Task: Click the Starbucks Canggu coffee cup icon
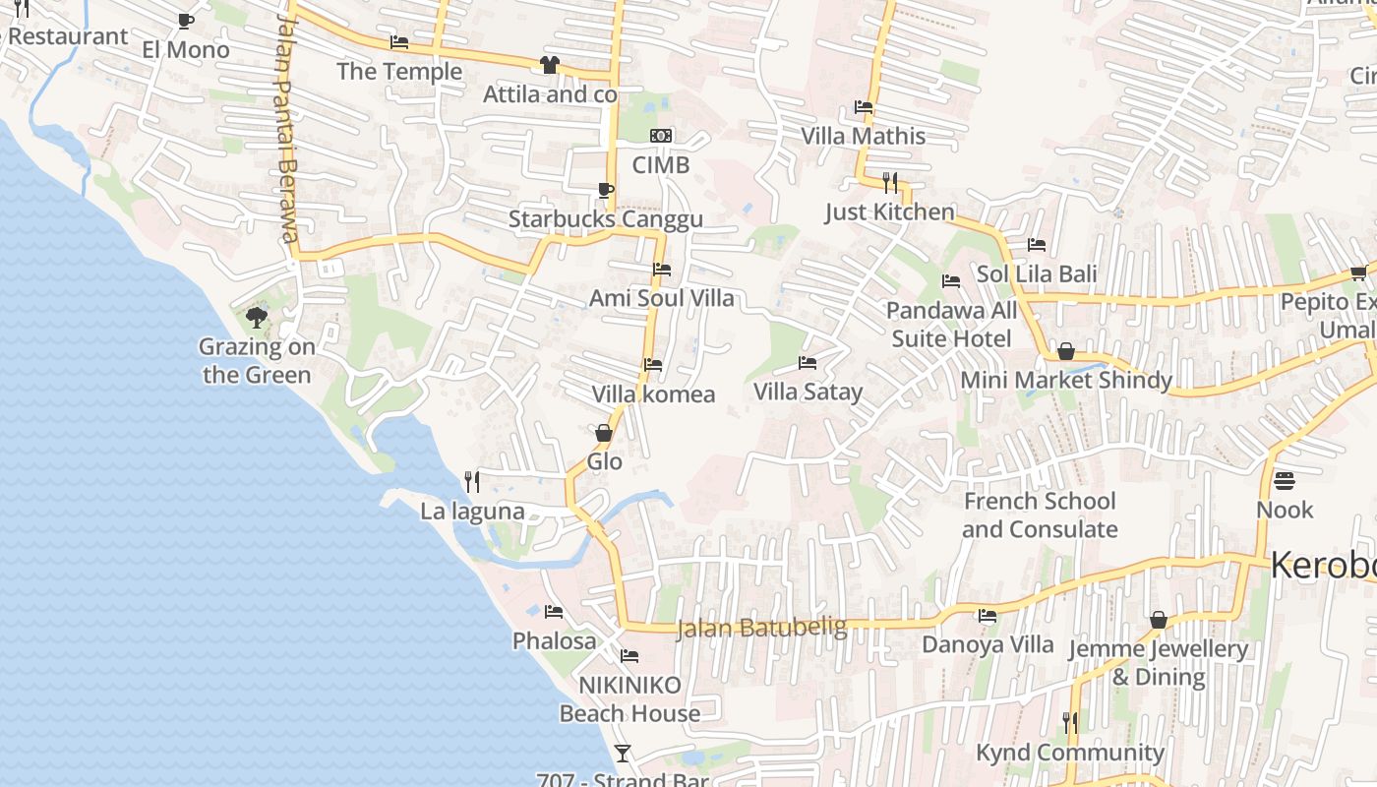(605, 190)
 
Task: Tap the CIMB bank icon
(661, 136)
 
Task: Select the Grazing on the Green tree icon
(257, 317)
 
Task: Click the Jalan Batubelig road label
(761, 628)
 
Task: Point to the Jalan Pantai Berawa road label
(286, 128)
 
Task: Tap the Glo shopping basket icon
(604, 433)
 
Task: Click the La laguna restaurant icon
(472, 481)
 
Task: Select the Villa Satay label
(808, 392)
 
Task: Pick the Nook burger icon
(1285, 481)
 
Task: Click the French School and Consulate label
(1040, 515)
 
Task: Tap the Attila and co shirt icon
(549, 65)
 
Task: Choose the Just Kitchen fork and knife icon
(890, 182)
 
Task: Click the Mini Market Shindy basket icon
(1065, 351)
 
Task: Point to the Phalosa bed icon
(554, 612)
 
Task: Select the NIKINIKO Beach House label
(629, 698)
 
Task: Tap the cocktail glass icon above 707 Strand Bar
(622, 754)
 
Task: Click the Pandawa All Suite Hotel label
(951, 325)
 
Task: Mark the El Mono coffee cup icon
(185, 21)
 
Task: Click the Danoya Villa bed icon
(988, 616)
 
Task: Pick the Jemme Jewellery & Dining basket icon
(1159, 620)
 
